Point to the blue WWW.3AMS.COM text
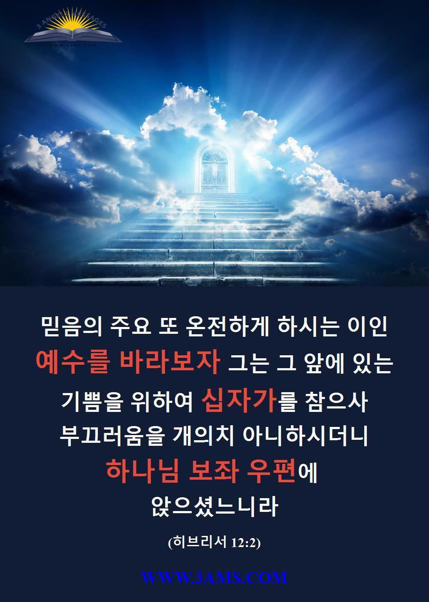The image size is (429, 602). pyautogui.click(x=214, y=577)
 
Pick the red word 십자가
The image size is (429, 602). pyautogui.click(x=239, y=402)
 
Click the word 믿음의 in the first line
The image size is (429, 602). pyautogui.click(x=72, y=327)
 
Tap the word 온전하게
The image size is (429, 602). pyautogui.click(x=227, y=327)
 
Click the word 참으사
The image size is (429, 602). pyautogui.click(x=336, y=402)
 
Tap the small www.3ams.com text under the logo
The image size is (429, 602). pyautogui.click(x=72, y=45)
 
